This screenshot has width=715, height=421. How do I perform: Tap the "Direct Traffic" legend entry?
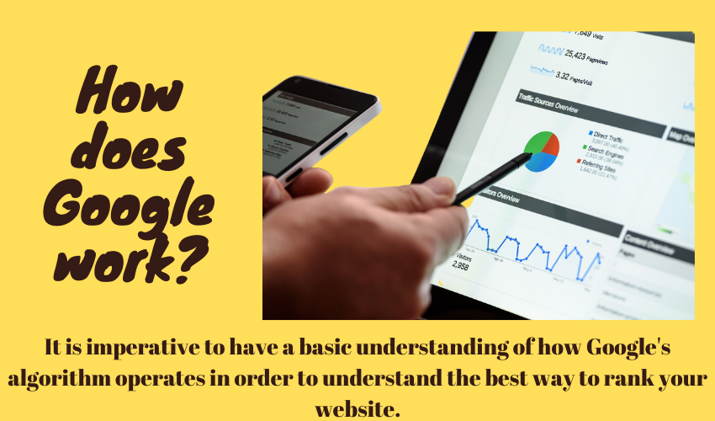[x=613, y=134]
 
